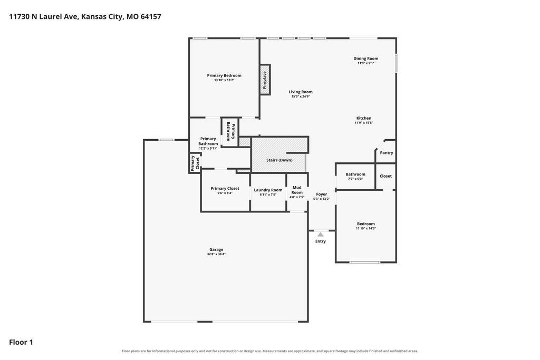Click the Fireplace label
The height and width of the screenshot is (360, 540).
(x=265, y=80)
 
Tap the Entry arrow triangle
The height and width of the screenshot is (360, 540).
(x=321, y=235)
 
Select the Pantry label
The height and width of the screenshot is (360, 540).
(x=387, y=153)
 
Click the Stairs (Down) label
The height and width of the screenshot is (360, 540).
(x=279, y=160)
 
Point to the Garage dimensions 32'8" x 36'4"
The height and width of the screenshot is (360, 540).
(x=216, y=255)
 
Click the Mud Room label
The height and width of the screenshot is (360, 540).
(x=297, y=190)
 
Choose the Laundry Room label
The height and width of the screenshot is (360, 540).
(x=268, y=190)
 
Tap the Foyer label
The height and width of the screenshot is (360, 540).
(x=322, y=194)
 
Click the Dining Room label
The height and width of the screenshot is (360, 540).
(x=366, y=59)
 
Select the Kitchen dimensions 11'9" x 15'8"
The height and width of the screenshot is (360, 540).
(x=364, y=123)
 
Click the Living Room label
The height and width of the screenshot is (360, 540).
(x=301, y=92)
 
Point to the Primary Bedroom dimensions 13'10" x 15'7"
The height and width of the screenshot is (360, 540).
(x=224, y=80)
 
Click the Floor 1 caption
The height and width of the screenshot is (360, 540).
(x=21, y=342)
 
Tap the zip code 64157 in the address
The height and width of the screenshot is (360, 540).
(x=151, y=16)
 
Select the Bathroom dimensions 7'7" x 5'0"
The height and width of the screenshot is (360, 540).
(x=355, y=179)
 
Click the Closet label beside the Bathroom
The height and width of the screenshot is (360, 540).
(x=385, y=176)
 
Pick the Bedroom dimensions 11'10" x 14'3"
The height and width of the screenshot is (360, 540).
(x=366, y=229)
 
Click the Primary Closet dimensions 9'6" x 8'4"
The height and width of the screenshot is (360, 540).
(x=225, y=193)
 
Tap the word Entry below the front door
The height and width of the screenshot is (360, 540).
(x=321, y=241)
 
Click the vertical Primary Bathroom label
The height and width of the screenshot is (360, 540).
(x=230, y=131)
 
